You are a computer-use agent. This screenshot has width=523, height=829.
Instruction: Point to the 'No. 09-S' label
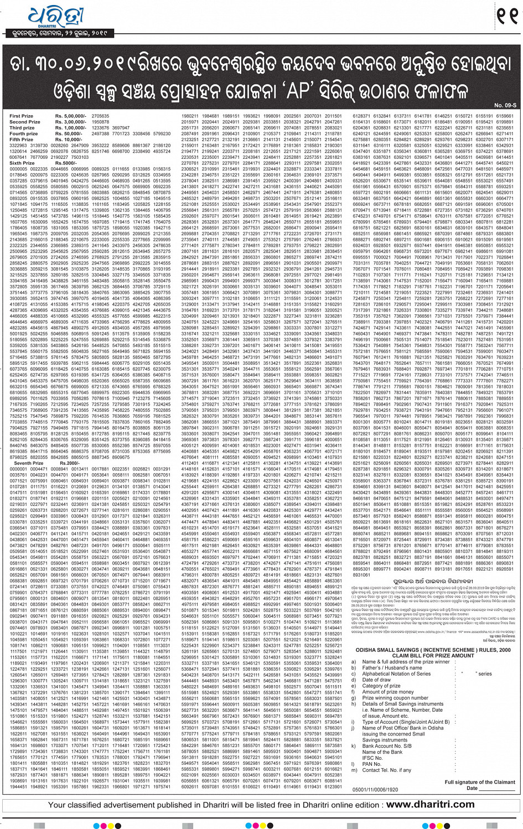click(505, 105)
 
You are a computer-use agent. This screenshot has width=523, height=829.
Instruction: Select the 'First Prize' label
click(22, 116)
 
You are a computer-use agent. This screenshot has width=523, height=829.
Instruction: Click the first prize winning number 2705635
click(100, 116)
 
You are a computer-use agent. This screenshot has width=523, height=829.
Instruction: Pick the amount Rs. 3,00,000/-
click(70, 122)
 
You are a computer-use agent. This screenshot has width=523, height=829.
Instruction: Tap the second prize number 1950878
click(100, 122)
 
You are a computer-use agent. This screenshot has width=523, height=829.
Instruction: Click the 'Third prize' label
click(22, 128)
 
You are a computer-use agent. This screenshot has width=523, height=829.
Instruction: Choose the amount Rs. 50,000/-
click(68, 134)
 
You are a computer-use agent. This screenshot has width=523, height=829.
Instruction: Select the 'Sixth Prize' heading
click(22, 163)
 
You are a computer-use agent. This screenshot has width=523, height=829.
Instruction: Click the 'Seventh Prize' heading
click(25, 463)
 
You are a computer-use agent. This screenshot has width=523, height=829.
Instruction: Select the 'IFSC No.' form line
click(372, 758)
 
